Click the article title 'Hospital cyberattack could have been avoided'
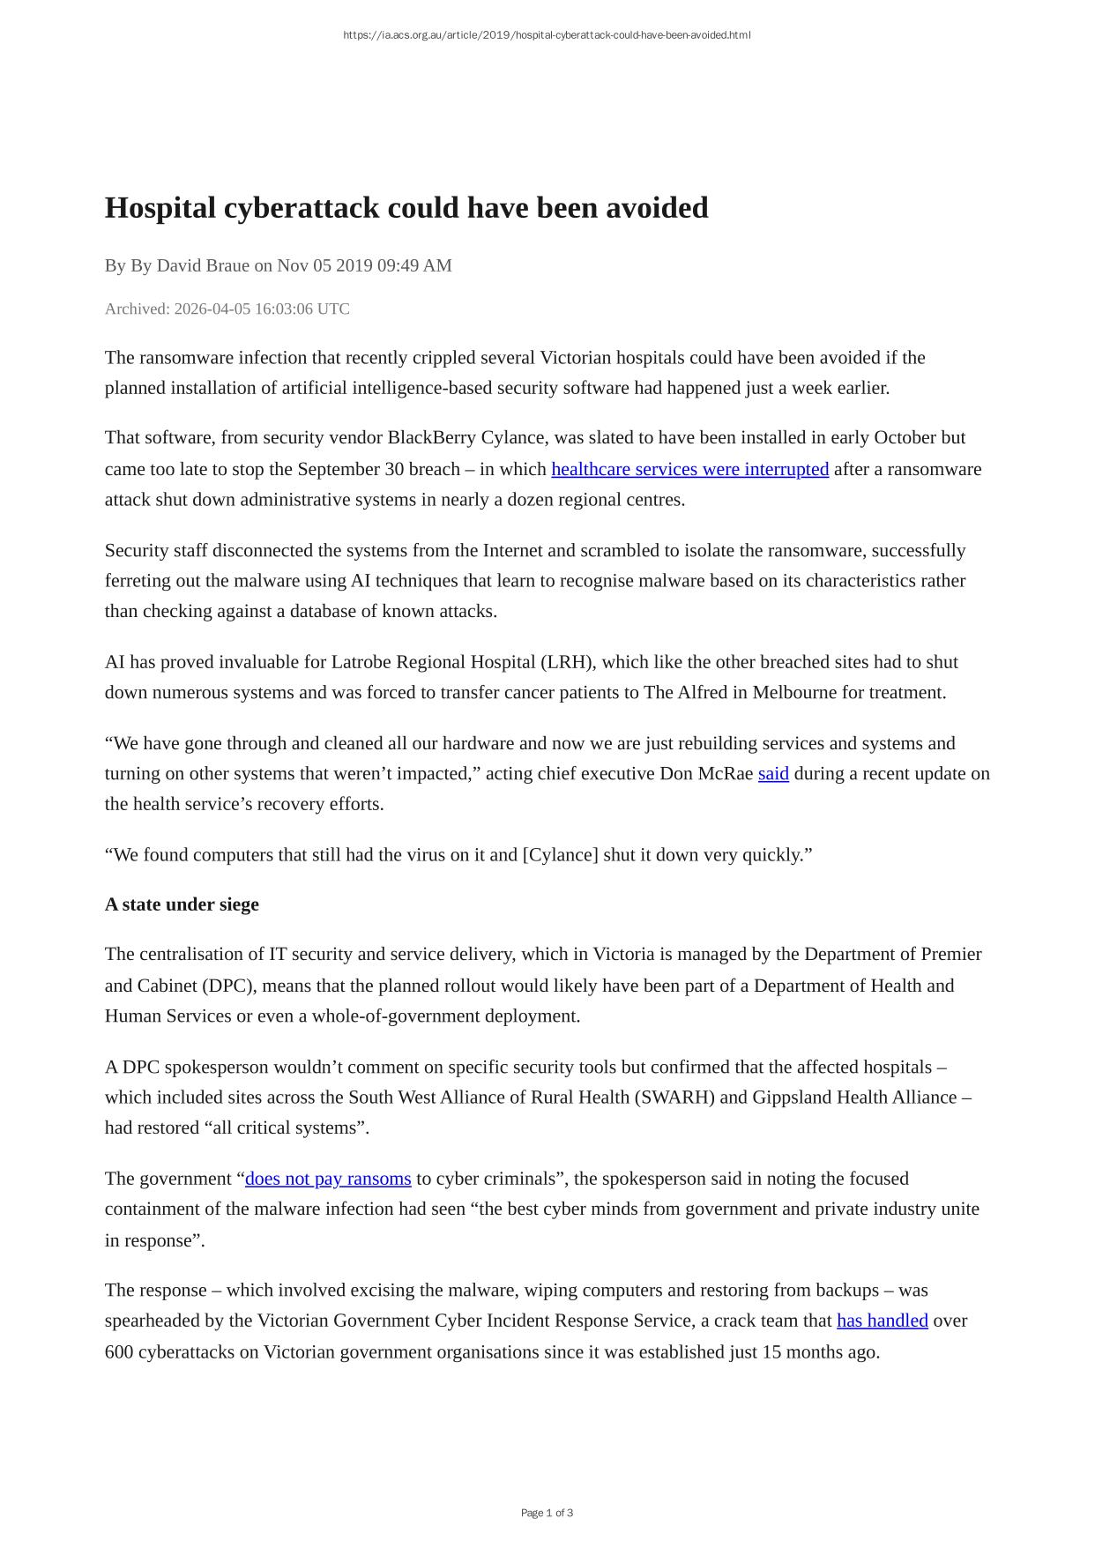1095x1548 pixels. click(406, 208)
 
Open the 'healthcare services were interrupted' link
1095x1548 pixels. click(689, 469)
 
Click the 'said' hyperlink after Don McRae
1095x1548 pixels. click(773, 774)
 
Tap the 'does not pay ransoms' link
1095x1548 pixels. click(328, 1179)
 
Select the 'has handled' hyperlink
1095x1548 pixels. click(882, 1321)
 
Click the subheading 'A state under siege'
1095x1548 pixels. click(182, 904)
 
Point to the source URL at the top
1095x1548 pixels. click(547, 35)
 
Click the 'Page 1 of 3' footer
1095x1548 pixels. click(547, 1513)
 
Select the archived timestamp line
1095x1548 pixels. click(227, 309)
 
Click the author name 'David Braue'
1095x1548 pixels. click(203, 265)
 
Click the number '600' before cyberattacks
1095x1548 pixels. click(119, 1352)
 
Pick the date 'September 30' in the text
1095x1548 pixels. click(350, 469)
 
